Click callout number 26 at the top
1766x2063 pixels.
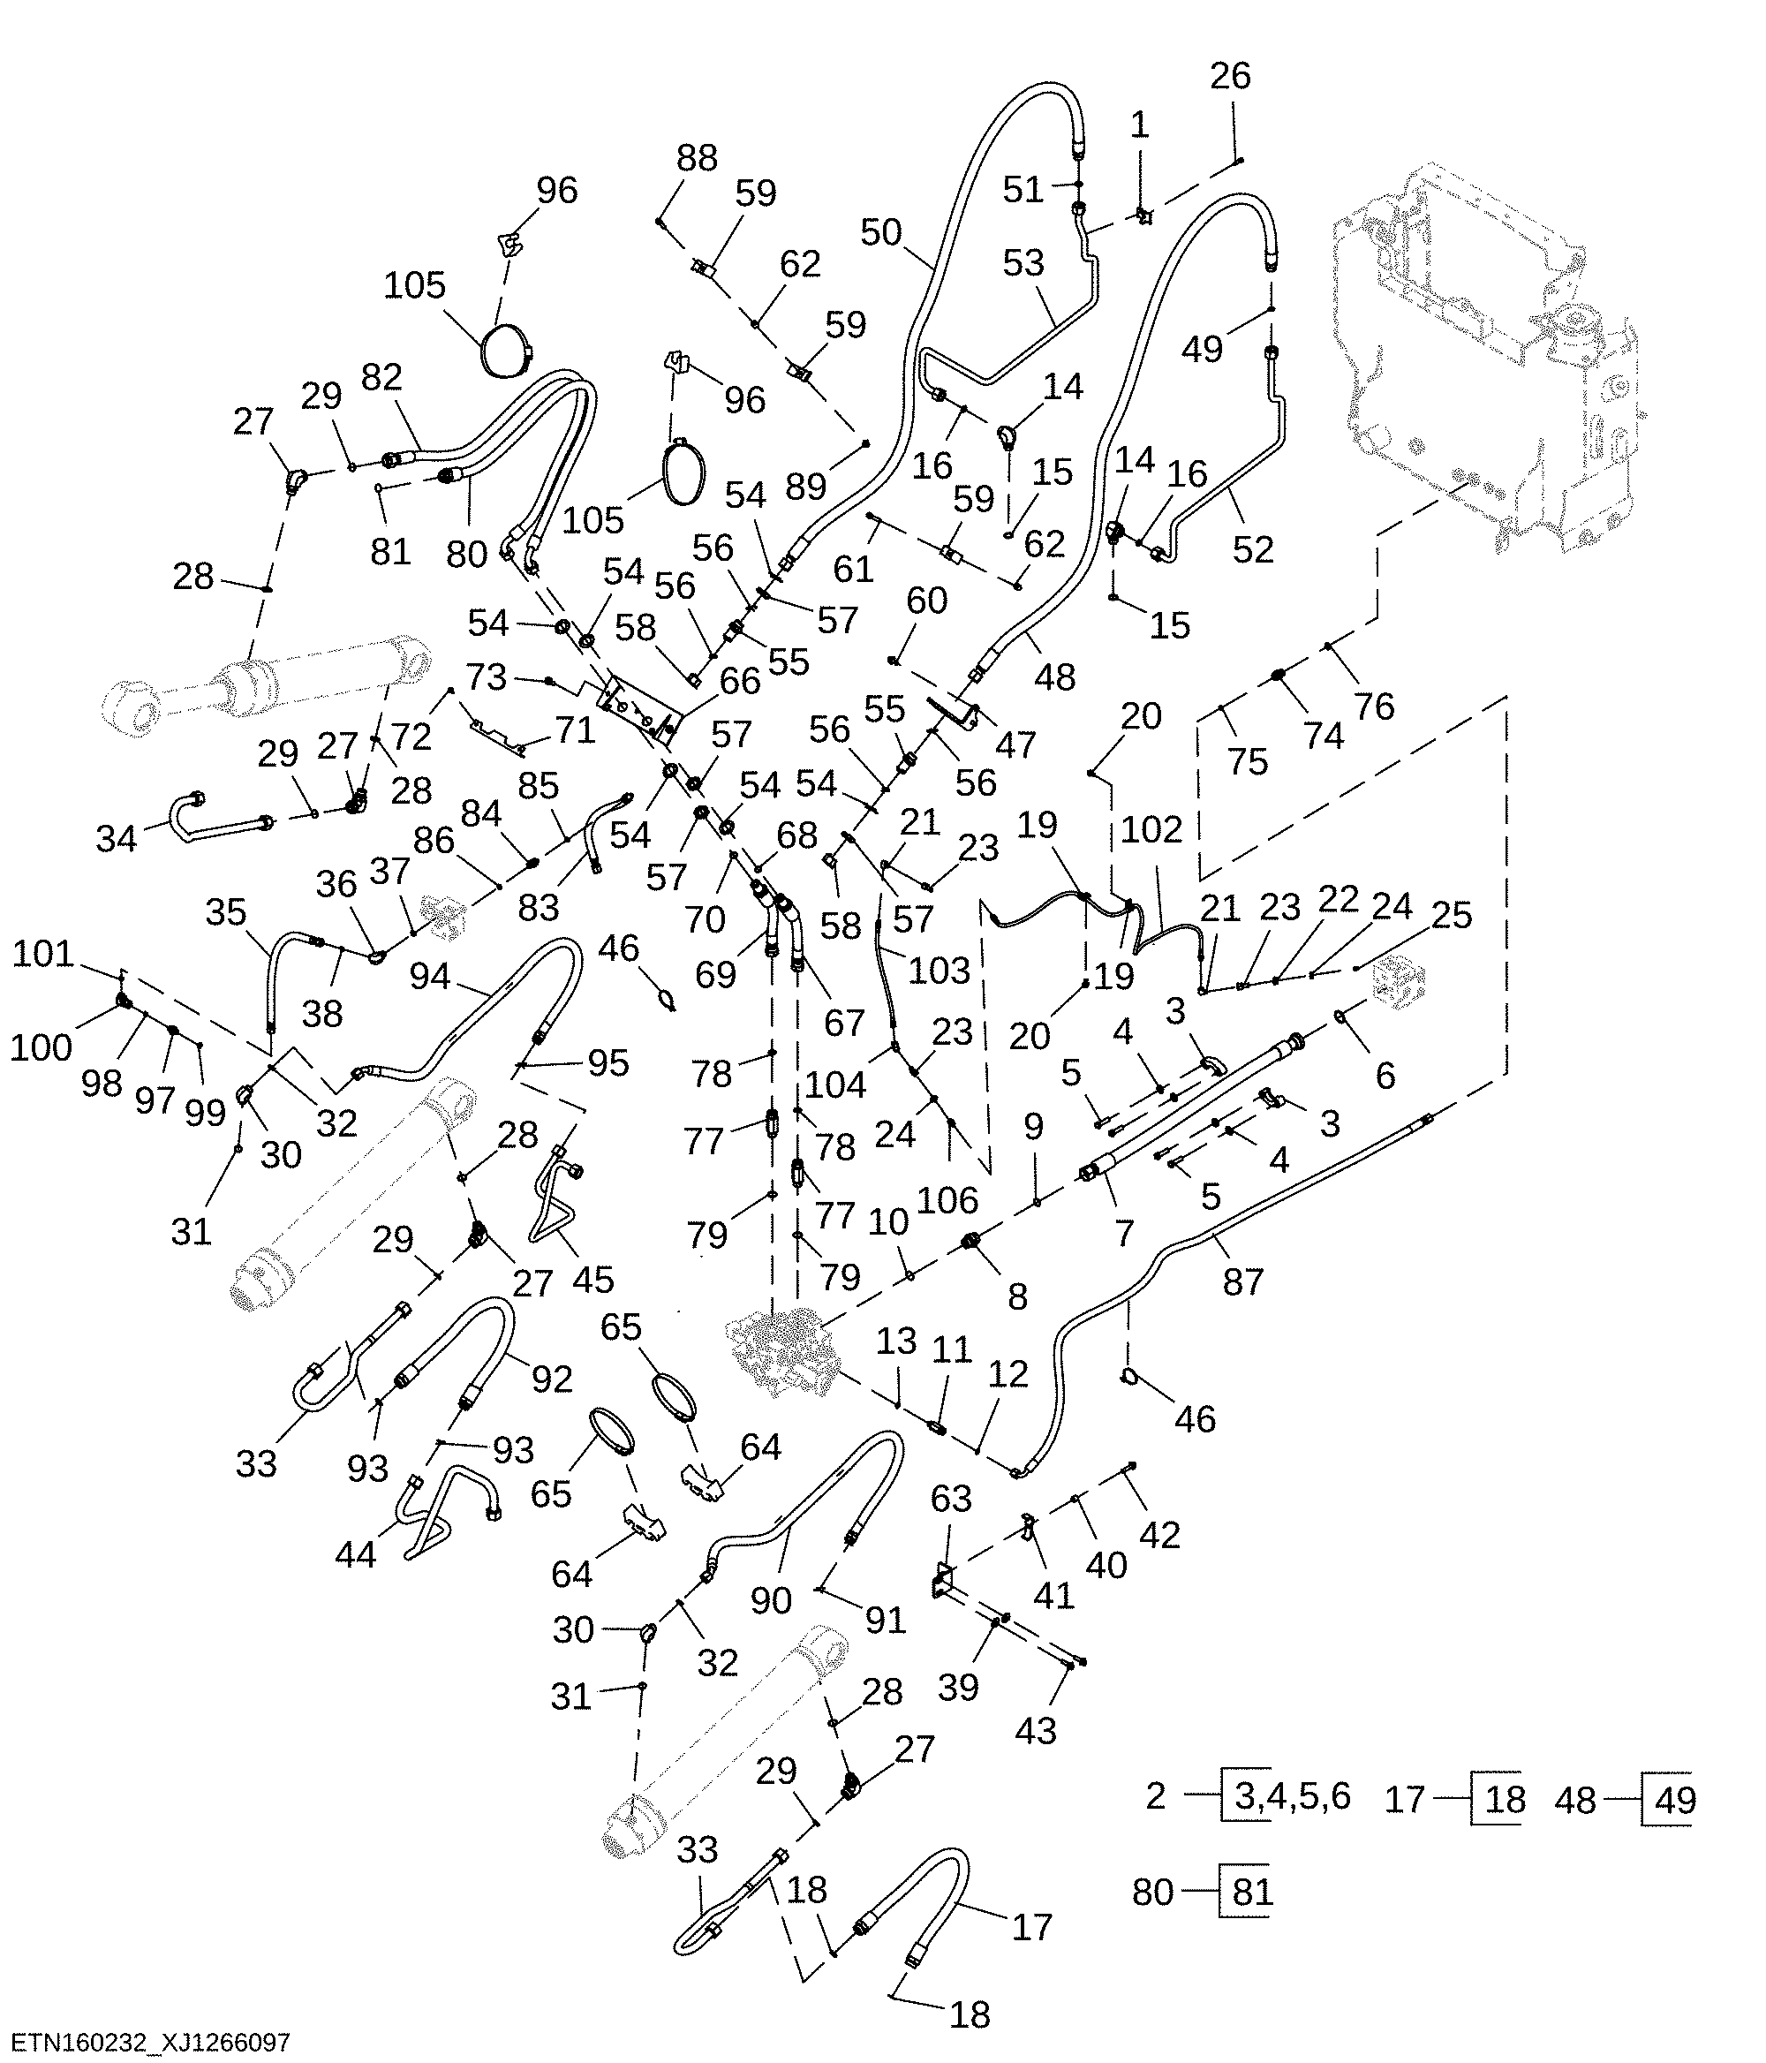tap(1229, 76)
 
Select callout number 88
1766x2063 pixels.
tap(697, 158)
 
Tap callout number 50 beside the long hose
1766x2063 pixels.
tap(881, 233)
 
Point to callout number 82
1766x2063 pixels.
tap(382, 377)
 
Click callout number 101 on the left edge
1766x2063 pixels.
tap(42, 954)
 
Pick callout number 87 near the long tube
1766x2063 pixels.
tap(1243, 1282)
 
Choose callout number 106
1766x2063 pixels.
tap(947, 1201)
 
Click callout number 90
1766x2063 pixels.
tap(772, 1600)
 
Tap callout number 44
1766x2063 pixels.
tap(355, 1554)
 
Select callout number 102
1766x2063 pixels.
tap(1151, 830)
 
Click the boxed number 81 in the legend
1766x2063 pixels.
tap(1251, 1892)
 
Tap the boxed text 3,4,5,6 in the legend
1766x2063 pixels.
tap(1292, 1796)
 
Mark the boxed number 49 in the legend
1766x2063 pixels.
tap(1674, 1800)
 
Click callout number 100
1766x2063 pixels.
tap(41, 1047)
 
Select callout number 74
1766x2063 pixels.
tap(1324, 737)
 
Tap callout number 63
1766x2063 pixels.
tap(951, 1499)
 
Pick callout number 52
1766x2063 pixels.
tap(1253, 549)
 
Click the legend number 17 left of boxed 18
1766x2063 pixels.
tap(1406, 1799)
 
